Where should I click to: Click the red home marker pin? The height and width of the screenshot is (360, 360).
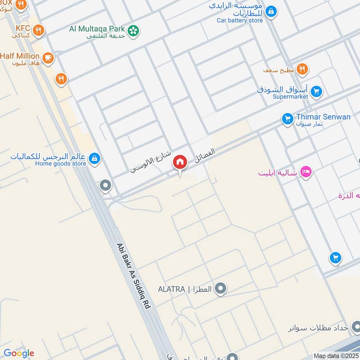[180, 162]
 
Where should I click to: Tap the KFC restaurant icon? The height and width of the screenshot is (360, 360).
[39, 30]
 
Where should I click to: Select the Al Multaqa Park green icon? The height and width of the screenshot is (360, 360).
[133, 31]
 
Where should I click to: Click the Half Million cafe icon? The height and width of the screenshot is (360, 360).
[48, 57]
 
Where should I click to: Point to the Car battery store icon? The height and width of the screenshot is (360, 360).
[270, 11]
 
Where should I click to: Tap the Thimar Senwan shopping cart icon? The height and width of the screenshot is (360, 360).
[287, 119]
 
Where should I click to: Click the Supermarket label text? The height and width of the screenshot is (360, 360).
[290, 97]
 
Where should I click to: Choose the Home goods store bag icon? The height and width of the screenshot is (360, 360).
[94, 158]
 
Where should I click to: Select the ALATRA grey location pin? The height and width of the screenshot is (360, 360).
[220, 288]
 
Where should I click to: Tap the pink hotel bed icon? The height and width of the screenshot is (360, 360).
[306, 172]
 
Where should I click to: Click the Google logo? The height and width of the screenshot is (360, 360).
[18, 353]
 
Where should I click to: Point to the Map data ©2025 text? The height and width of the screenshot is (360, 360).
[336, 356]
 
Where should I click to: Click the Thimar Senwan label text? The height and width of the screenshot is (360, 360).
[323, 117]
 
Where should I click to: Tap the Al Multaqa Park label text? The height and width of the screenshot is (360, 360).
[97, 29]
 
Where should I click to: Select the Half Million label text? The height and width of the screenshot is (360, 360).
[20, 56]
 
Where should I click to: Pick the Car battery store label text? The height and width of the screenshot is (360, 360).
[239, 20]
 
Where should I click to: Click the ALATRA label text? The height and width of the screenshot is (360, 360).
[171, 289]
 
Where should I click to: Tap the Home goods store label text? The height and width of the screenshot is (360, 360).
[60, 163]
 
